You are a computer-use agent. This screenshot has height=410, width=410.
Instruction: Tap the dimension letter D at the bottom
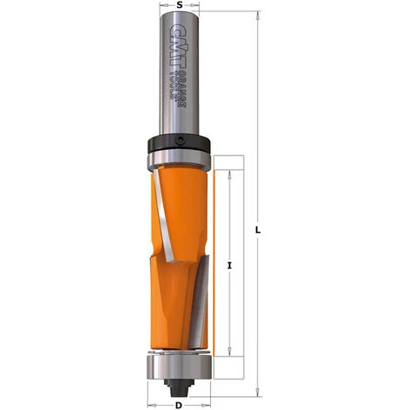179,403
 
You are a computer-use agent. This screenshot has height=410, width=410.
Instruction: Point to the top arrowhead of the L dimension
259,16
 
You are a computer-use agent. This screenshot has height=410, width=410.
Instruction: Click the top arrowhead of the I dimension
229,174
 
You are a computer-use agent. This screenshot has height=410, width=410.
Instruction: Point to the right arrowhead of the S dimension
202,15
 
